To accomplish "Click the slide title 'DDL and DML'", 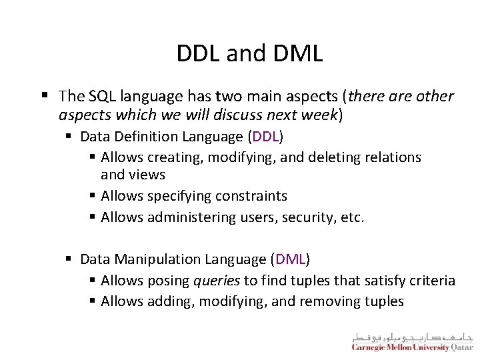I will (249, 53).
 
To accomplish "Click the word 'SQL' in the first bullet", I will (99, 96).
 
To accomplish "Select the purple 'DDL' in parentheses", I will (265, 137).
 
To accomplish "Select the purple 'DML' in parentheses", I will (290, 258).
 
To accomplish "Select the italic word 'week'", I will (319, 115).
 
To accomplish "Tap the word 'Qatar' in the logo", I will (461, 347).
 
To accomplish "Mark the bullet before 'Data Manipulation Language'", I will (69, 259).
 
